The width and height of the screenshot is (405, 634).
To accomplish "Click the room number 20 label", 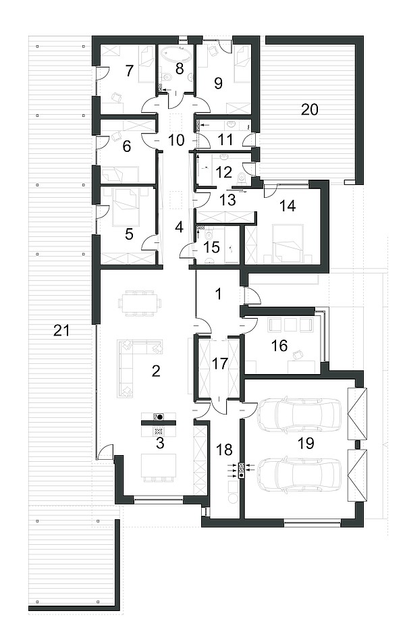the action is point(310,109).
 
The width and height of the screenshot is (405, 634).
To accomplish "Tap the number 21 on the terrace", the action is point(61,331).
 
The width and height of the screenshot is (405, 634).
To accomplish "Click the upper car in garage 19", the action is point(300,415).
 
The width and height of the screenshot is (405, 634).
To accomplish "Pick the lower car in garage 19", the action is point(300,475).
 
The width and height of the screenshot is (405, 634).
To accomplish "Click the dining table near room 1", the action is point(140,302).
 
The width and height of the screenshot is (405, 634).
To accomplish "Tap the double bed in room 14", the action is point(288,242).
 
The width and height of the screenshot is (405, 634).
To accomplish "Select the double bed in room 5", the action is point(126,206).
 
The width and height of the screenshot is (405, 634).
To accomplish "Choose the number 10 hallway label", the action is point(175,140).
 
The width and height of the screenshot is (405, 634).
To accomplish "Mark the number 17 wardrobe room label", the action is point(220,363).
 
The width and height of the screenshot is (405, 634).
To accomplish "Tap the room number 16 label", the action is point(279,345).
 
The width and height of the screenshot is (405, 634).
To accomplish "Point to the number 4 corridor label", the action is point(179,227).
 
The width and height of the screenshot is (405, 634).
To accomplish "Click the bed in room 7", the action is point(146,63).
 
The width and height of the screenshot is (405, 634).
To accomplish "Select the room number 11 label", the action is point(225,140).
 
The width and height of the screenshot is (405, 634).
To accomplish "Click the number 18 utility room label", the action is point(225,449).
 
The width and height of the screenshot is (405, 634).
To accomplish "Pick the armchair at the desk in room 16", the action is point(298,354).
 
